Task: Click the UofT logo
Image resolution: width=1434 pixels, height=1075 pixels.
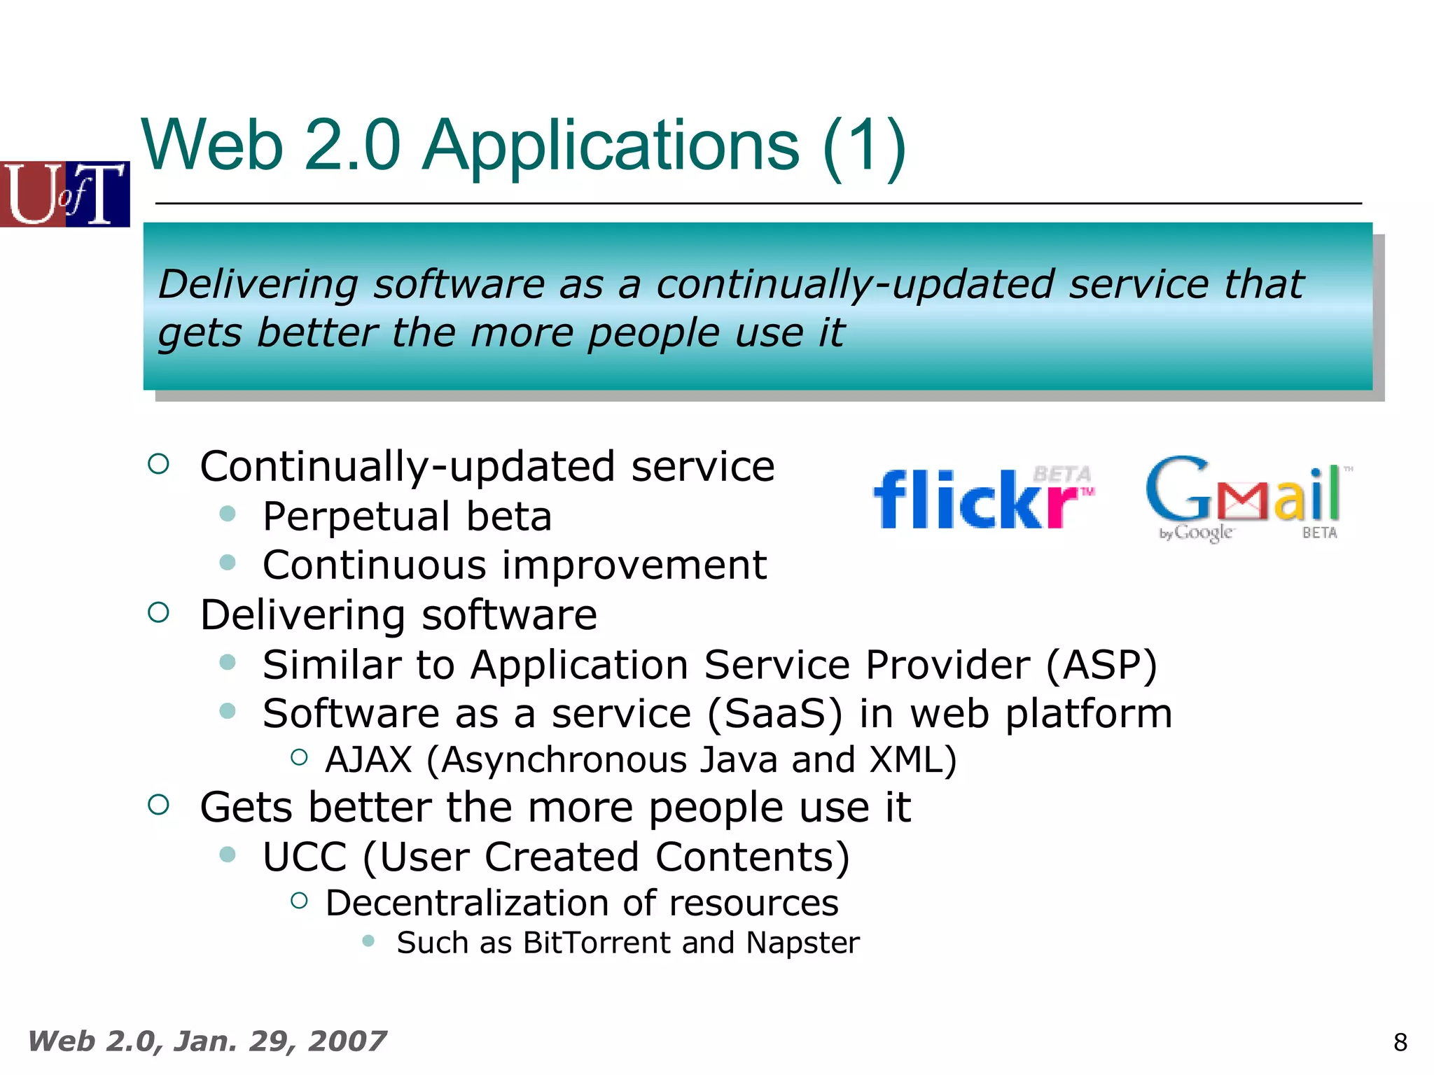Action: tap(64, 194)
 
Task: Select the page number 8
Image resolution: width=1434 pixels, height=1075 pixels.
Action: tap(1400, 1043)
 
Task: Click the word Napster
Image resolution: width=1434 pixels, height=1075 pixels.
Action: tap(802, 943)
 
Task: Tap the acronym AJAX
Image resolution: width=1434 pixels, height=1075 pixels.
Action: tap(369, 760)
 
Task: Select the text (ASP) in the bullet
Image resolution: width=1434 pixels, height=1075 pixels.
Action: tap(1101, 664)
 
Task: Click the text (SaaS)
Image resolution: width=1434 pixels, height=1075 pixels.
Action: tap(774, 714)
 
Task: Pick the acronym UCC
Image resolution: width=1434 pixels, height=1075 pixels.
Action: tap(305, 857)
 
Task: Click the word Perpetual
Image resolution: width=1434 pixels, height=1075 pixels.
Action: tap(356, 517)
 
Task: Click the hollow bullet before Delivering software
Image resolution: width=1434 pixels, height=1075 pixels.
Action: tap(159, 613)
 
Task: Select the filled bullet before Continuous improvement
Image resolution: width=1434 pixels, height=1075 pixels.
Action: tap(228, 563)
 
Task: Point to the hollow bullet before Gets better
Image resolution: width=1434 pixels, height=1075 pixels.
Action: tap(159, 805)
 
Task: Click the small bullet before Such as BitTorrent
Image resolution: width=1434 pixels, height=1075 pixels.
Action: tap(368, 941)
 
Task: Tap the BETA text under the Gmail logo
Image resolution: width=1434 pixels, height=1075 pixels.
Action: tap(1319, 533)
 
